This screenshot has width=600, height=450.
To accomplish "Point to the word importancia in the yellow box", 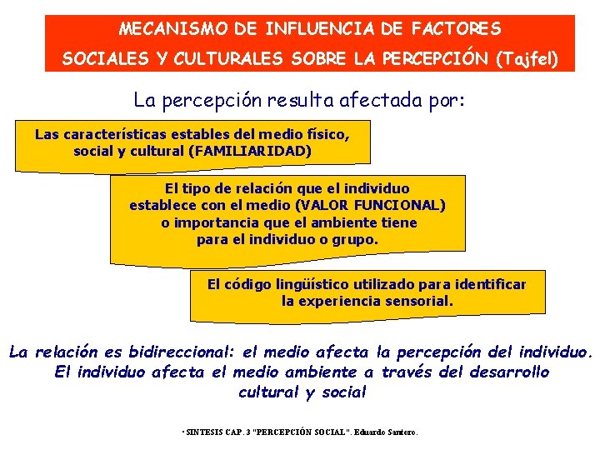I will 210,222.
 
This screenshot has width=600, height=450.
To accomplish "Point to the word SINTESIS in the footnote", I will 202,432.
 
